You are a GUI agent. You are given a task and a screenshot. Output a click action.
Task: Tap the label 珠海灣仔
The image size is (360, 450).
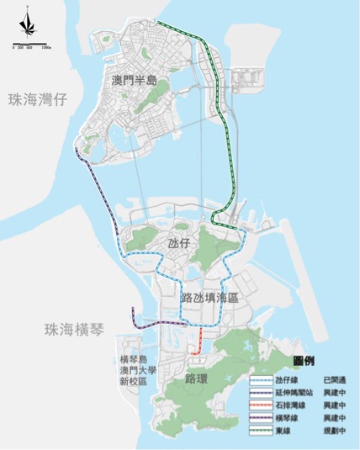coord(37,99)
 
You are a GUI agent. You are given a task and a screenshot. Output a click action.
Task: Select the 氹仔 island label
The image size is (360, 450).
coord(179,243)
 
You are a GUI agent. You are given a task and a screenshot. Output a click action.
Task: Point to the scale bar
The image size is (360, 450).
coord(32,43)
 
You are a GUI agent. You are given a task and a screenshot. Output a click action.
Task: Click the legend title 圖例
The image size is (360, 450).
coord(304,359)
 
